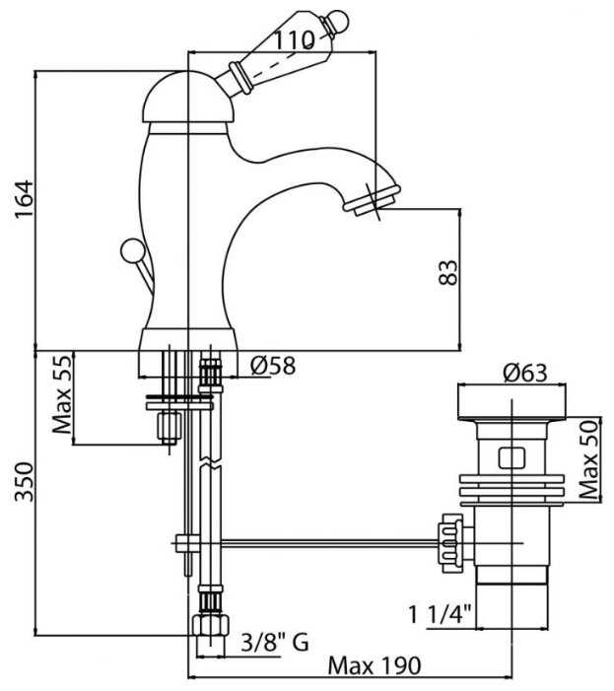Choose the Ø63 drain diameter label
tap(524, 373)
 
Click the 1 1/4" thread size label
tap(441, 615)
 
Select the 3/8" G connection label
tap(275, 644)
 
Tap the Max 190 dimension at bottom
tap(375, 666)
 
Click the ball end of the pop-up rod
tap(129, 250)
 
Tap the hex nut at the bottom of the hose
tap(207, 630)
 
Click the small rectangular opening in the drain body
tap(512, 457)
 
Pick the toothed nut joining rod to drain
tap(454, 542)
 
